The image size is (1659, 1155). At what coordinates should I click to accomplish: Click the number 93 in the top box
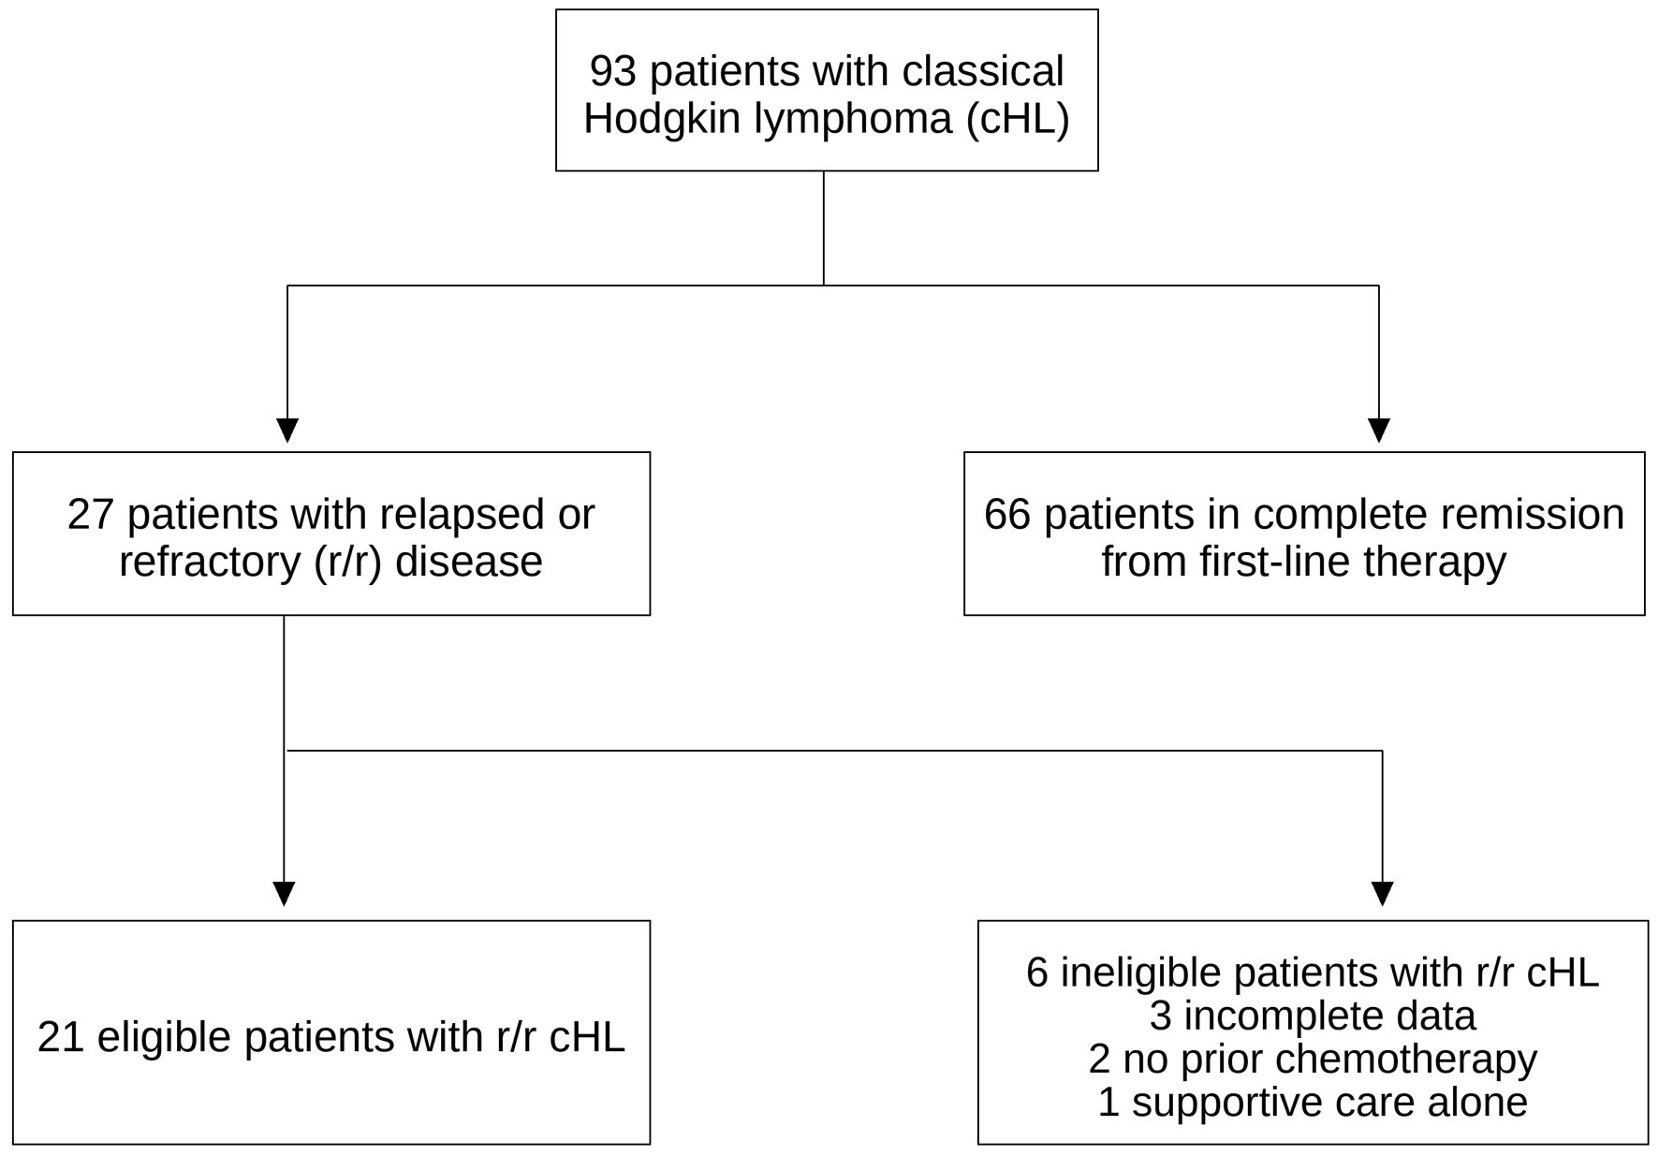coord(613,71)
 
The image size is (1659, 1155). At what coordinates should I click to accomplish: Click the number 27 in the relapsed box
coord(91,515)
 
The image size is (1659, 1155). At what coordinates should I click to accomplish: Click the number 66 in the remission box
coord(1007,515)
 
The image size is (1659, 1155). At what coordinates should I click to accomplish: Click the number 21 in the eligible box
coord(61,1037)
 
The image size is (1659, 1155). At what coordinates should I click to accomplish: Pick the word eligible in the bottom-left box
coord(164,1037)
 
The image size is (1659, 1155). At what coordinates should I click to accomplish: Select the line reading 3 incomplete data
coord(1313,1016)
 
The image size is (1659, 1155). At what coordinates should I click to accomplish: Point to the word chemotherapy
coord(1406,1060)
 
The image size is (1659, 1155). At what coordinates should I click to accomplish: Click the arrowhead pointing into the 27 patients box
coord(287,431)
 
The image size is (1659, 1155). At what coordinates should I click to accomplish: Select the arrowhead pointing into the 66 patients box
coord(1379,431)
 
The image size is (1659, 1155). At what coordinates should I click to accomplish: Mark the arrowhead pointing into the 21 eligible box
coord(284,894)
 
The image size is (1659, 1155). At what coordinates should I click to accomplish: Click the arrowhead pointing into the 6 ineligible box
coord(1383,894)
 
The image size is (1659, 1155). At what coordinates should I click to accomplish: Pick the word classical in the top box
coord(983,71)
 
